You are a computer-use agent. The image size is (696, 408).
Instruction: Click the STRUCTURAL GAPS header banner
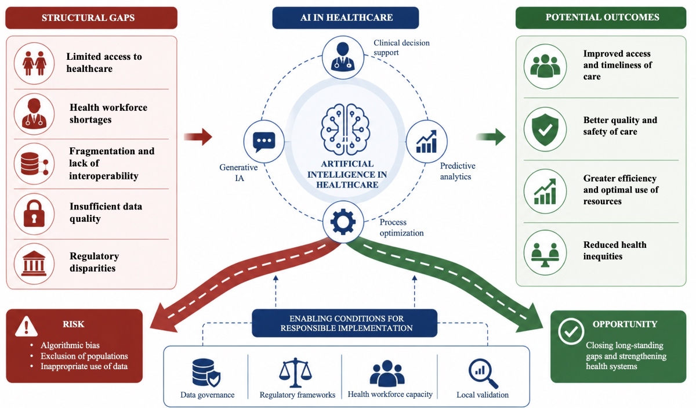click(92, 18)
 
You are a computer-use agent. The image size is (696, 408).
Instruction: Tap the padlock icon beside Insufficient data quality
click(34, 214)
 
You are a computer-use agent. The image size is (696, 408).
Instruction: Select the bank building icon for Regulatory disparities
click(34, 263)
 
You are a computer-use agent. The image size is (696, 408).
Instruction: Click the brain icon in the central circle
click(345, 129)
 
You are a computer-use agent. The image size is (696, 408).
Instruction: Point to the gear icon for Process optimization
click(343, 222)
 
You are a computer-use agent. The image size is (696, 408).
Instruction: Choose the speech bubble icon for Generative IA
click(264, 142)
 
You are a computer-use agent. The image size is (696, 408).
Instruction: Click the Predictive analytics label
click(458, 171)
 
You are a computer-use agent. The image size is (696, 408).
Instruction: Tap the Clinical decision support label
click(401, 47)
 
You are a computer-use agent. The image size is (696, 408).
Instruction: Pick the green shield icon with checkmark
click(545, 129)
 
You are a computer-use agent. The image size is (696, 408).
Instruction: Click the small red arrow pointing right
click(198, 136)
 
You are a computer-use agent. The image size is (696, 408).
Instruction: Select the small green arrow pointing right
click(491, 136)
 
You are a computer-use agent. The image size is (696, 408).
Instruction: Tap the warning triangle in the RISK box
click(27, 326)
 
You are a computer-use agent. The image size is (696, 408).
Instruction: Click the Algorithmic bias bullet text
click(70, 345)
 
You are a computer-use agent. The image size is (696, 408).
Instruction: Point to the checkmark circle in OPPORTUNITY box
click(571, 331)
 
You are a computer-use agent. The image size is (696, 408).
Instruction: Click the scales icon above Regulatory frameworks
click(295, 373)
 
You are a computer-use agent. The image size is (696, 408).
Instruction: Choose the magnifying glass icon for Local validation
click(483, 374)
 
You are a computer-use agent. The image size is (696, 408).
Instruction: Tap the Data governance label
click(208, 395)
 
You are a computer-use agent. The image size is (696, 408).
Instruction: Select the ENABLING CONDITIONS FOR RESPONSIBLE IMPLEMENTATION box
click(345, 323)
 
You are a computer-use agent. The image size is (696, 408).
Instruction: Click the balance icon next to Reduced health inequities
click(545, 255)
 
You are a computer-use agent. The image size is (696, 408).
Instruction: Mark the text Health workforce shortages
click(108, 114)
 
